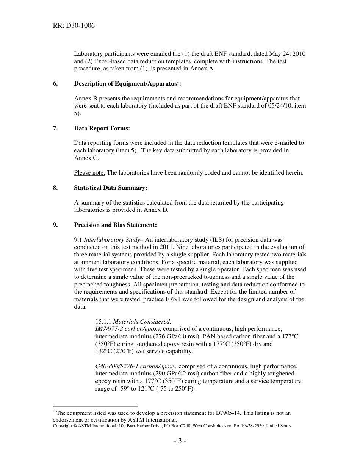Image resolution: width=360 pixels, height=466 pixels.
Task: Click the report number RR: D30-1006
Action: point(74,26)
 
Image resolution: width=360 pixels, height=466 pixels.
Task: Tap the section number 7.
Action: point(55,128)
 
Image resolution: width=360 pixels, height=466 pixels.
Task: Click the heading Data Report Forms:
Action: point(102,128)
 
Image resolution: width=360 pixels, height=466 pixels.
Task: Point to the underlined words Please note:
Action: point(89,173)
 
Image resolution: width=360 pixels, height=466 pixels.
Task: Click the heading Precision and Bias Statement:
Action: point(115,225)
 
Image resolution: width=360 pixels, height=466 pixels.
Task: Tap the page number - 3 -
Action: point(180,441)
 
